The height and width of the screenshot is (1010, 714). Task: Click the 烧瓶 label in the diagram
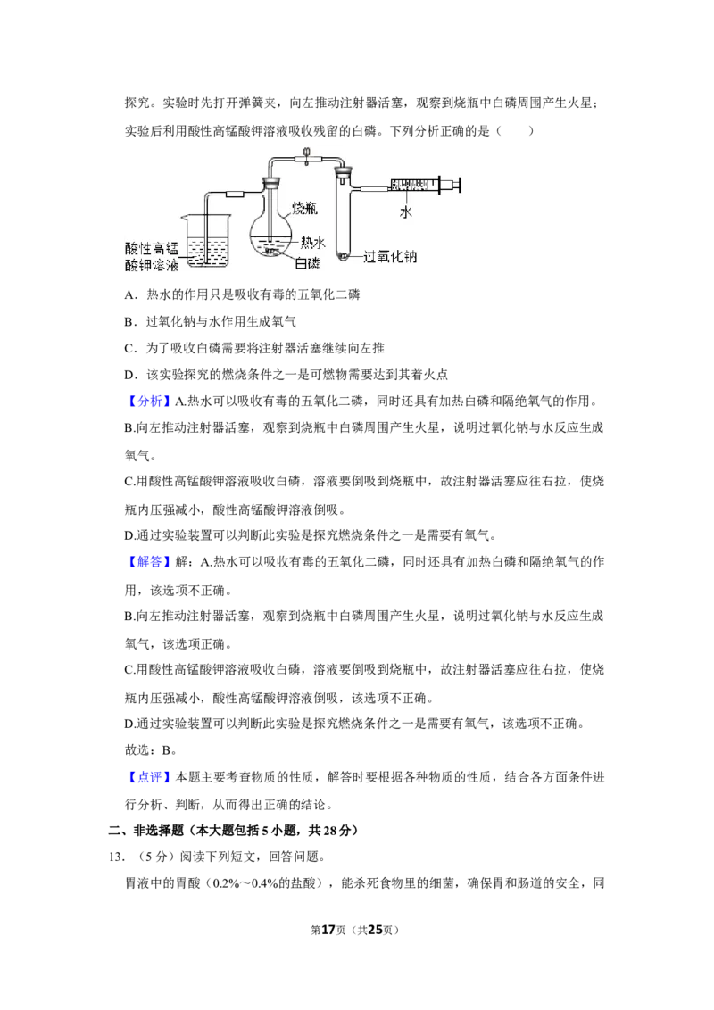304,207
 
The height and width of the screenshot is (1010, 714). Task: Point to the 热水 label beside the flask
313,242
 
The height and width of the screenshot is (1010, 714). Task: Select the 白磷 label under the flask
307,262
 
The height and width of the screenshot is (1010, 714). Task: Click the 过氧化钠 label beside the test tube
390,256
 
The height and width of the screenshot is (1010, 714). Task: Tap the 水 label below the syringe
405,211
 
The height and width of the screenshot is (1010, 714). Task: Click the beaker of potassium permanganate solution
206,240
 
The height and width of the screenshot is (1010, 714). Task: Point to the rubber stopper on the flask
271,184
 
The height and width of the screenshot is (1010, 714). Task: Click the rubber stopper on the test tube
344,172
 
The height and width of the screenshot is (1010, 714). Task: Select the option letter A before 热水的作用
129,295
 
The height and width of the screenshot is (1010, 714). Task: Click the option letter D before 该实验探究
129,375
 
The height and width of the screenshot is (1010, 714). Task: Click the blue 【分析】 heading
149,402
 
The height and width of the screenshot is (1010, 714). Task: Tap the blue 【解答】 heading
149,562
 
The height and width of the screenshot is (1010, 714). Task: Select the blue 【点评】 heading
149,777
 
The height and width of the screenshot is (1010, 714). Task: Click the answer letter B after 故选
166,749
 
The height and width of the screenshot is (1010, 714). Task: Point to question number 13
116,857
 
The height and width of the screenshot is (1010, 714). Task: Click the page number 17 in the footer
328,930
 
